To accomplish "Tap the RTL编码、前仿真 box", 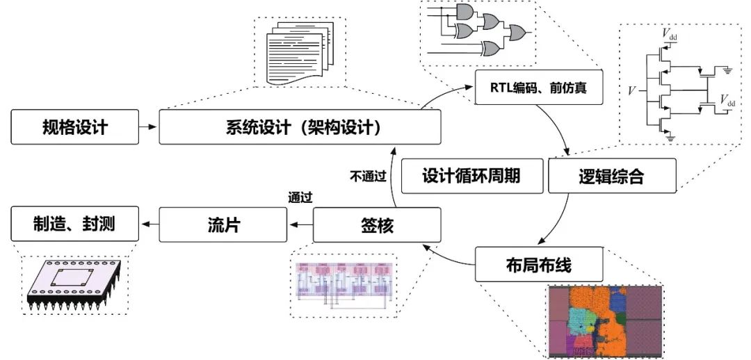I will [538, 88].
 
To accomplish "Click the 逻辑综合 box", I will [612, 177].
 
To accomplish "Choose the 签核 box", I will [378, 224].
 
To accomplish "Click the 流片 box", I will [224, 224].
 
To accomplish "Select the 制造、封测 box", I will [74, 224].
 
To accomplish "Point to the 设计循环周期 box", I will [471, 177].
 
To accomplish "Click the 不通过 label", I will [367, 177].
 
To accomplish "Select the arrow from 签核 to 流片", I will [300, 224].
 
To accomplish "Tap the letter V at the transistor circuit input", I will [631, 90].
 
